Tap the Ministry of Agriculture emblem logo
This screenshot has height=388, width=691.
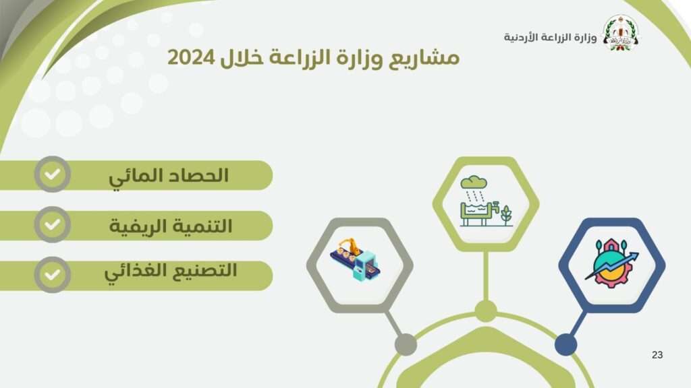(x=621, y=33)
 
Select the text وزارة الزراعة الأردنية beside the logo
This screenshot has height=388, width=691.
(x=551, y=37)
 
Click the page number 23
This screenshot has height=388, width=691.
(x=657, y=354)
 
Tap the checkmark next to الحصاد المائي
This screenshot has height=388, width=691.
(x=53, y=174)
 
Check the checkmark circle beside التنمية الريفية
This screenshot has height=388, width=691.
(x=53, y=224)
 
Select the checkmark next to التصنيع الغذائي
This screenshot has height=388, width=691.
(x=53, y=275)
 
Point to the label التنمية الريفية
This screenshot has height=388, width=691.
(x=171, y=226)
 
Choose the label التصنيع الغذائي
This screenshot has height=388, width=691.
(x=171, y=272)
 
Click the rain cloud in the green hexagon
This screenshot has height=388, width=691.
(x=474, y=182)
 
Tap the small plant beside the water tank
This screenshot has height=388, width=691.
(x=506, y=215)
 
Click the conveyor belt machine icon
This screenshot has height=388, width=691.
(x=356, y=260)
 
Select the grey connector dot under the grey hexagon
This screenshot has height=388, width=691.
(x=406, y=344)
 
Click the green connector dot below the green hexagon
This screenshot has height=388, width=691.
(x=486, y=311)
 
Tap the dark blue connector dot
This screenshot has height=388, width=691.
(x=566, y=344)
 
